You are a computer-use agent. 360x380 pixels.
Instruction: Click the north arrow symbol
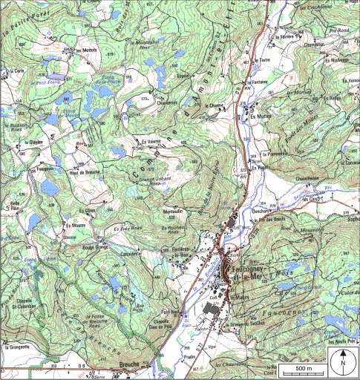344,364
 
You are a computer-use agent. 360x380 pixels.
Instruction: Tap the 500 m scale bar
304,369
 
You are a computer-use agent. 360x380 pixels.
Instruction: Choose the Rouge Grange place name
94,246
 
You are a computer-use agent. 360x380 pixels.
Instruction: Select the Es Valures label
149,141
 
